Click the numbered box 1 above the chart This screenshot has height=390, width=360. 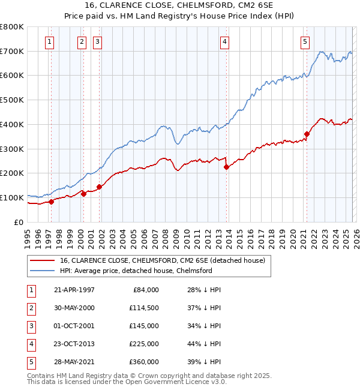49,41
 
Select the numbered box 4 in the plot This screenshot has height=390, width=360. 224,41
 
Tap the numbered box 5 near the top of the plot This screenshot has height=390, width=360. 305,41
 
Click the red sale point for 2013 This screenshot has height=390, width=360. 226,167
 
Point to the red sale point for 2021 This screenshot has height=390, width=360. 307,134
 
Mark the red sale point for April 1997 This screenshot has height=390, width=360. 51,202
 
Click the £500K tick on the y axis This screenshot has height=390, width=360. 12,100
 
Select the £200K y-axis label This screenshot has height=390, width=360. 12,173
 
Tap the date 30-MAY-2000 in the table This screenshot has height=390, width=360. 74,307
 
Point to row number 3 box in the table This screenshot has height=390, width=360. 30,325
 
